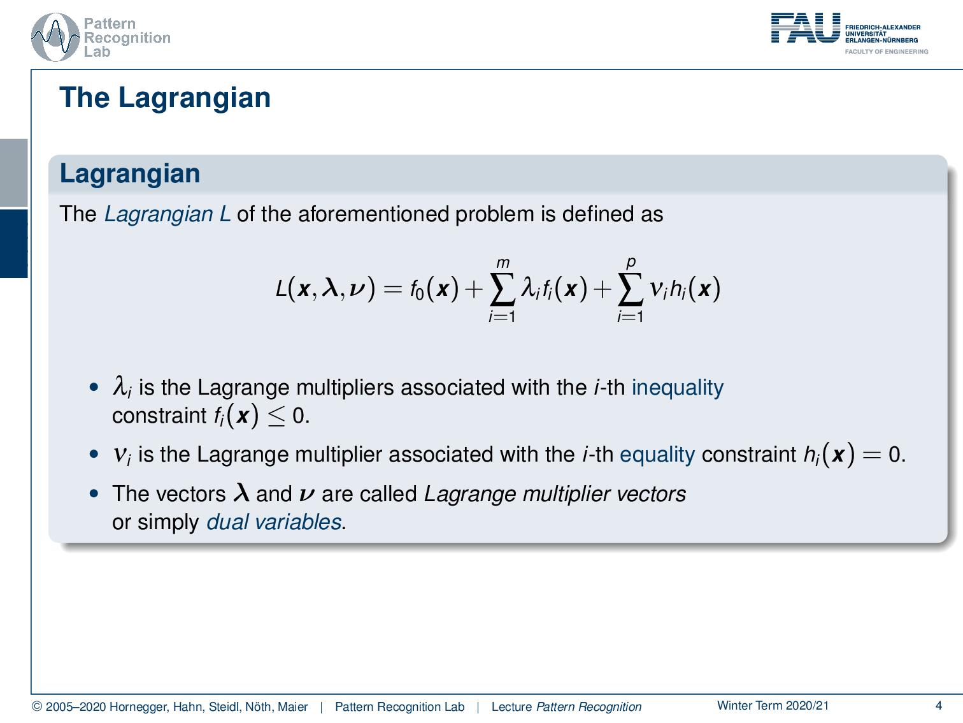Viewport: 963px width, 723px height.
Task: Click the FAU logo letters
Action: point(805,28)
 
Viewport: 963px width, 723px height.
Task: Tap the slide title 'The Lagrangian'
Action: point(165,98)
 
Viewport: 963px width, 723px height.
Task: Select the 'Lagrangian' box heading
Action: point(130,173)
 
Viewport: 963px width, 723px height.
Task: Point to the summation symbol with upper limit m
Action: point(502,290)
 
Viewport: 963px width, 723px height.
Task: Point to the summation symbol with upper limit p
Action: point(630,290)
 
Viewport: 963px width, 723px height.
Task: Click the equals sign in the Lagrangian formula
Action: point(393,290)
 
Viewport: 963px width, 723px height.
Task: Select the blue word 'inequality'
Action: point(677,388)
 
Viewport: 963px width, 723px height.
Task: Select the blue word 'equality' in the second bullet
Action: point(657,455)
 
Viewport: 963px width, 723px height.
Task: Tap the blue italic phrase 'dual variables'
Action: point(274,522)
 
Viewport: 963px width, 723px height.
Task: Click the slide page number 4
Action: point(938,705)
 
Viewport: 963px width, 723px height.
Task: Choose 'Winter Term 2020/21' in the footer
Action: point(773,705)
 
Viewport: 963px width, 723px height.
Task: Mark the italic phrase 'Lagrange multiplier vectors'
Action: point(555,494)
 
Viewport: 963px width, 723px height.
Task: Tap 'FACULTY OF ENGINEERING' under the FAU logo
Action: point(886,52)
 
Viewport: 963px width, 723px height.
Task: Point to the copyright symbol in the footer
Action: point(37,706)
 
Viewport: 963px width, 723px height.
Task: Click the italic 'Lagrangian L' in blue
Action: point(167,214)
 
